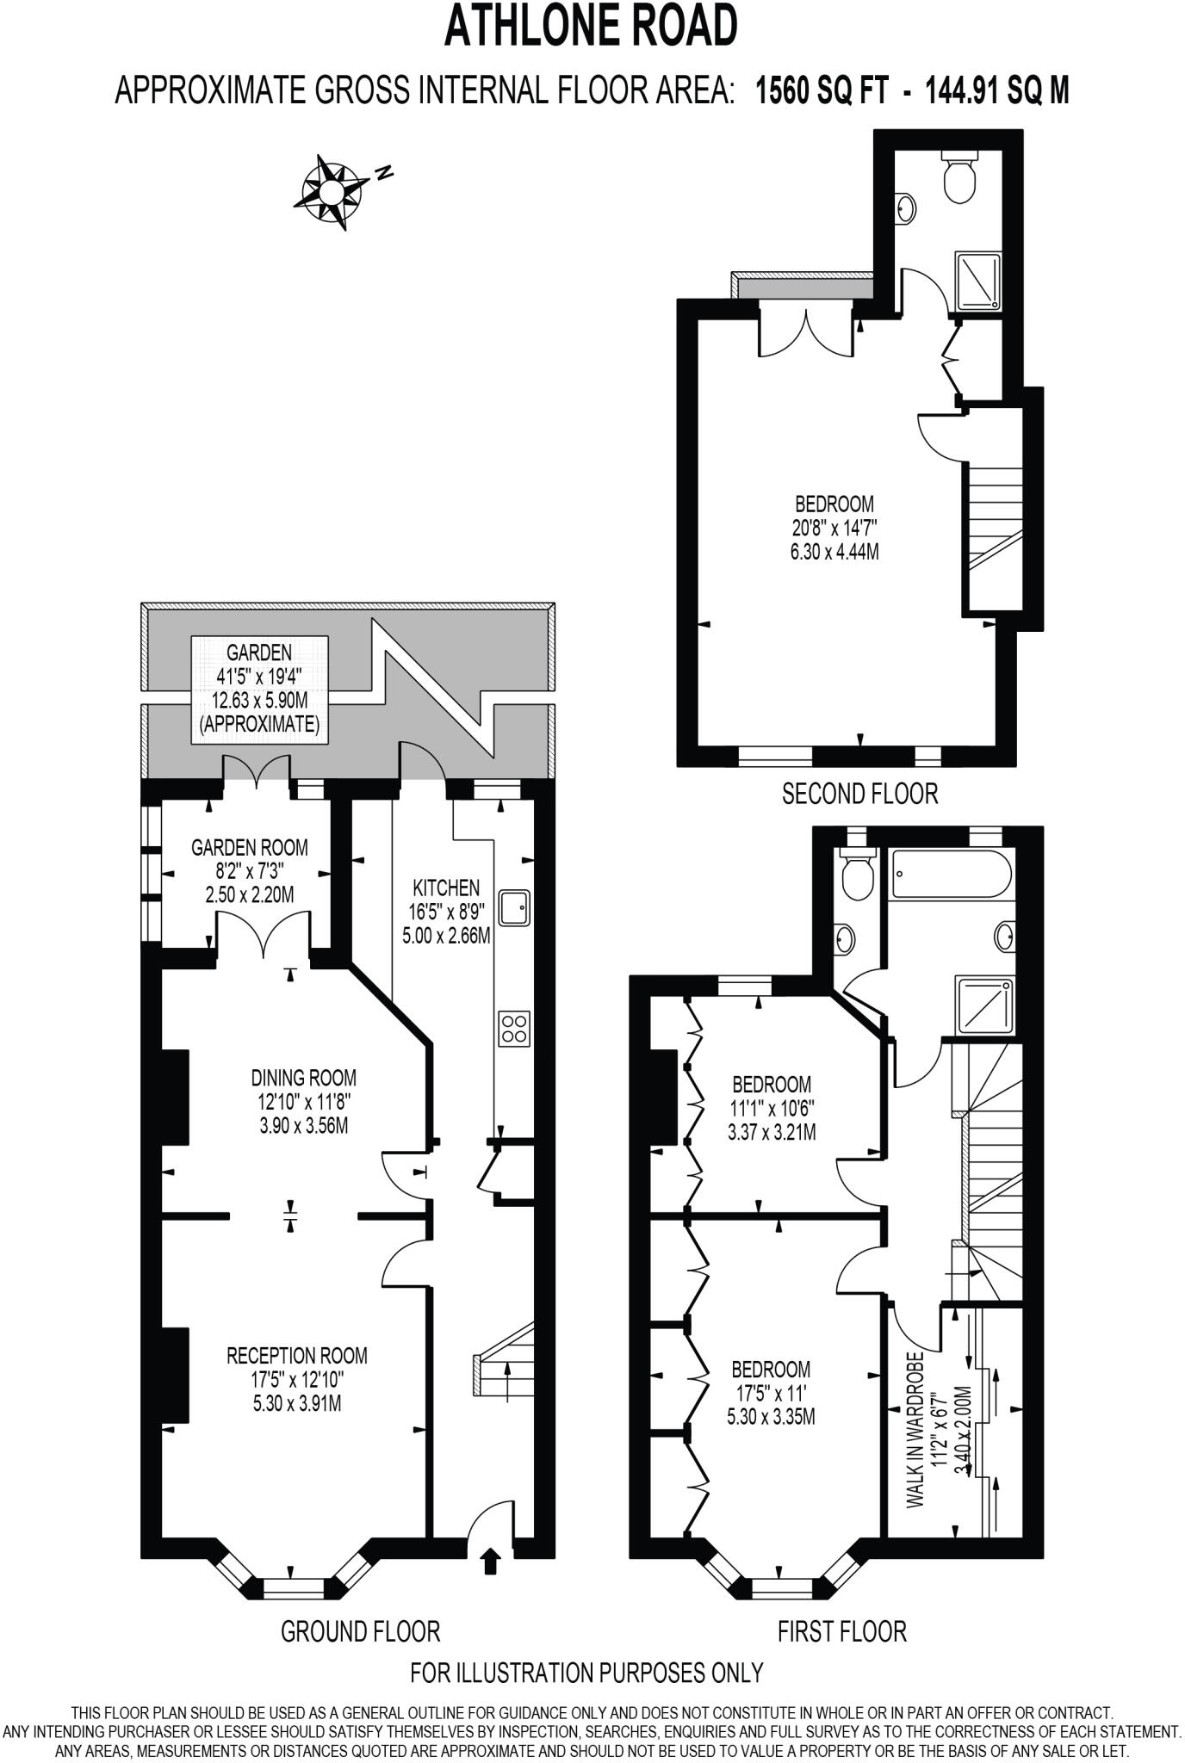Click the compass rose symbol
328,192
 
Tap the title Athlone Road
591,26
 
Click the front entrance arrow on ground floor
491,1560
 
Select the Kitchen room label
445,888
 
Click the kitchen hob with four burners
514,1029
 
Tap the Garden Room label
249,847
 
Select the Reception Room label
296,1355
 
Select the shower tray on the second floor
978,282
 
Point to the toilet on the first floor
854,876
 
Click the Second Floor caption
859,793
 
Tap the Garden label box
259,689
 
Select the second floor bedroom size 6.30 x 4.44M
834,552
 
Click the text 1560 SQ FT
821,90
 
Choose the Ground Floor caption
360,1630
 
